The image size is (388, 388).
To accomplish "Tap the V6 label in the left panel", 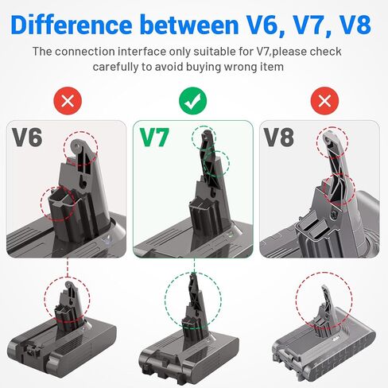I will [x=27, y=138].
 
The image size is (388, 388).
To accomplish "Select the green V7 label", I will [x=156, y=138].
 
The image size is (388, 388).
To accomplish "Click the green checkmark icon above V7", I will [x=193, y=100].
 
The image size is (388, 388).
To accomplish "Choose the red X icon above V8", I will [x=321, y=100].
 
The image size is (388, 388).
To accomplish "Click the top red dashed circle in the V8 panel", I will [x=332, y=147].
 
